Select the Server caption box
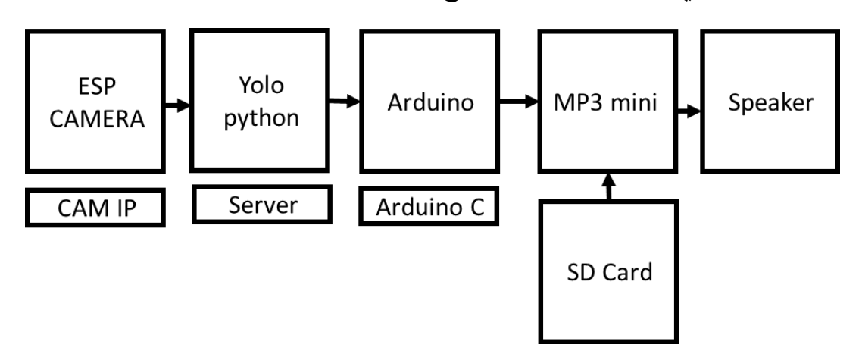(x=263, y=204)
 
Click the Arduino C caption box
(x=429, y=208)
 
